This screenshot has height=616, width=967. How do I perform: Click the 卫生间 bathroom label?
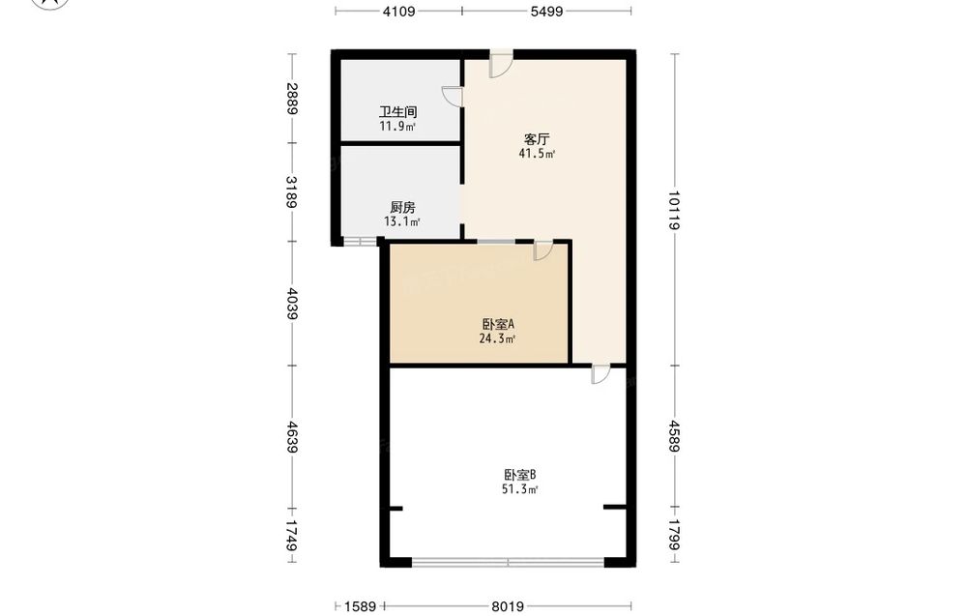397,111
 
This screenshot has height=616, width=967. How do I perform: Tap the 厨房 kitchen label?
402,207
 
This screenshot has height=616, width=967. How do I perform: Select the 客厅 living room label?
537,139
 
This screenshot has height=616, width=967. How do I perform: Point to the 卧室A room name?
498,324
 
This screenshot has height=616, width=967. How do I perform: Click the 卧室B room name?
520,475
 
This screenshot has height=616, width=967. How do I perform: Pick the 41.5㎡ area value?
537,154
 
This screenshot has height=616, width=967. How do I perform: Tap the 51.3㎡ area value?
520,489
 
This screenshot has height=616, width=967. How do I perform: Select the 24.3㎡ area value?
498,338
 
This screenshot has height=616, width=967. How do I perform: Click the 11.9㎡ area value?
397,127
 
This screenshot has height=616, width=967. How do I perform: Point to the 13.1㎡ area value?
402,222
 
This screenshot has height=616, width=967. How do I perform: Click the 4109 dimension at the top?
399,11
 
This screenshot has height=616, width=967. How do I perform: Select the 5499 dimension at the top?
546,11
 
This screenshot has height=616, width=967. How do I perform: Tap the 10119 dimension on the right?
674,210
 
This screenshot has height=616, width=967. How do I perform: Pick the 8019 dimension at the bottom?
508,606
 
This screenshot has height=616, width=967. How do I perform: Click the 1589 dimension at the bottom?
360,606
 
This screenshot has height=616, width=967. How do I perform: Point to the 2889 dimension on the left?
292,99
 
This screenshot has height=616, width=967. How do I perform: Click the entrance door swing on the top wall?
501,64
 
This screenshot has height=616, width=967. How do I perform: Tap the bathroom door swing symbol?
453,97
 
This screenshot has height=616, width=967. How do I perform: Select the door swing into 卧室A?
542,249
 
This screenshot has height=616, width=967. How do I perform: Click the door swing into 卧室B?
601,373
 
